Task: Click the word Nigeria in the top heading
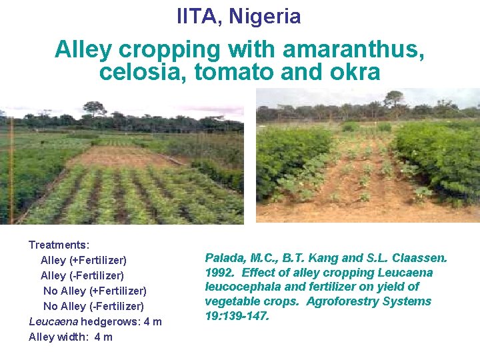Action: click(x=265, y=16)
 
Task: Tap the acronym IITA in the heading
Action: click(x=199, y=16)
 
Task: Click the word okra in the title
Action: click(x=355, y=71)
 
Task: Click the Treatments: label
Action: click(x=59, y=245)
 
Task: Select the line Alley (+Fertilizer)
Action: click(x=83, y=260)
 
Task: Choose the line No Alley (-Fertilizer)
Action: click(x=93, y=306)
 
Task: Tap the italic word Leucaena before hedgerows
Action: click(x=53, y=321)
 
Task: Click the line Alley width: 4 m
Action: click(x=71, y=337)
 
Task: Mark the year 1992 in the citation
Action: click(x=219, y=273)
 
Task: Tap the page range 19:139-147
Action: click(x=237, y=316)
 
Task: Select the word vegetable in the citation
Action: click(x=231, y=301)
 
